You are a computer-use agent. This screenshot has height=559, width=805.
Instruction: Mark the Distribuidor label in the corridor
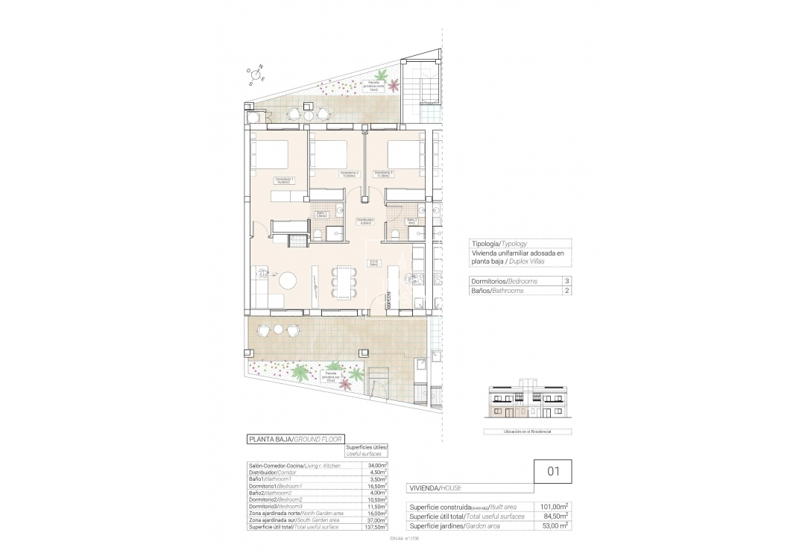pos(364,221)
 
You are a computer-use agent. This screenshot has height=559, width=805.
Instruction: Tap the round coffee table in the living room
pos(288,281)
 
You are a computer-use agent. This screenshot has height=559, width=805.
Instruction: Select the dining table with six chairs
pos(344,283)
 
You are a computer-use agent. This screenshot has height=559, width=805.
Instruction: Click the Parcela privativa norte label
pos(370,86)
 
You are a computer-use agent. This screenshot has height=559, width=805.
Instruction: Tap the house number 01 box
pos(553,471)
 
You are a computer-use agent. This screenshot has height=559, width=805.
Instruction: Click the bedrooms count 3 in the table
pos(567,281)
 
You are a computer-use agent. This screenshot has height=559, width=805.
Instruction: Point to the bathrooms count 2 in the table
pos(567,291)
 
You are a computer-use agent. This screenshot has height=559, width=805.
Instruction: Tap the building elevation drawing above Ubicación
pos(527,402)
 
